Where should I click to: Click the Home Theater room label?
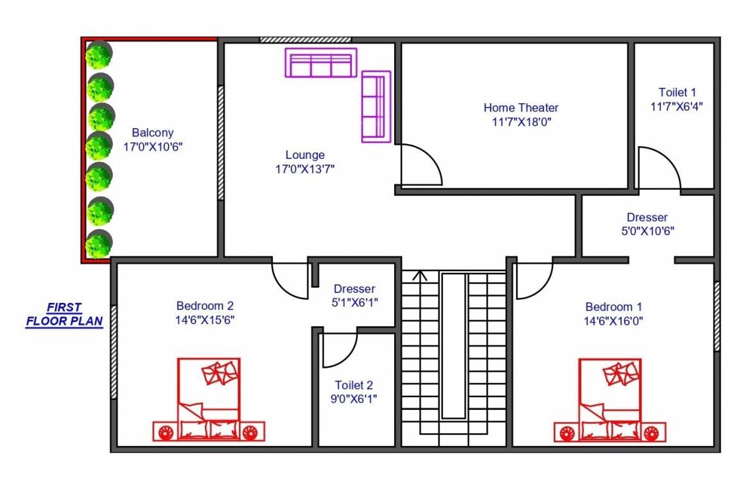tap(520, 108)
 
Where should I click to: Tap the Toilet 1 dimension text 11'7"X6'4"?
tap(676, 107)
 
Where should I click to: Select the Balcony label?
tap(153, 133)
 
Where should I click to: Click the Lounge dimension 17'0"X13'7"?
tap(305, 169)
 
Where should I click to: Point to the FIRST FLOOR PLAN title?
tap(64, 315)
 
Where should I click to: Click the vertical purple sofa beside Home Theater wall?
tap(376, 106)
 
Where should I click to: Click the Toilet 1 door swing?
tap(658, 168)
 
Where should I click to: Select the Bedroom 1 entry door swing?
tap(533, 281)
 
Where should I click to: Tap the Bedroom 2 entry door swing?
tap(292, 280)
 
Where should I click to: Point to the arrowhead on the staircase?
tap(420, 276)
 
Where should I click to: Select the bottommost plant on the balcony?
tap(99, 244)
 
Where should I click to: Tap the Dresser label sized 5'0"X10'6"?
tap(647, 218)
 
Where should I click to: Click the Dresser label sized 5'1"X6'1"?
tap(354, 289)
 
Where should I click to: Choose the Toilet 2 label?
tap(354, 385)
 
